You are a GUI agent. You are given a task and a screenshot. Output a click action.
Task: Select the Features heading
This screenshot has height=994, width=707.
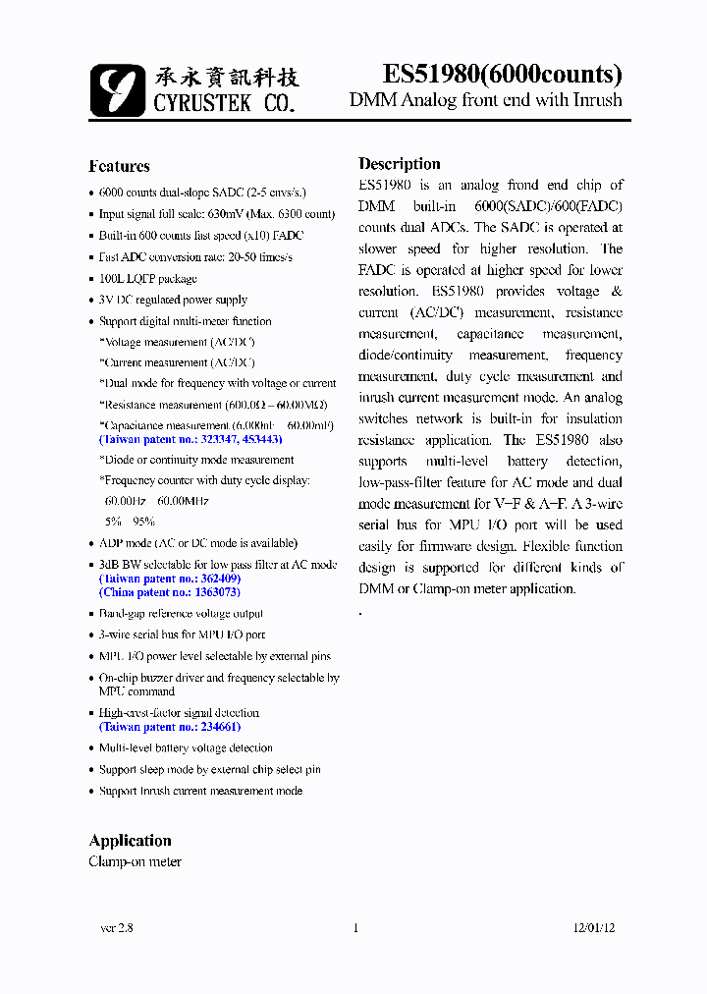click(119, 166)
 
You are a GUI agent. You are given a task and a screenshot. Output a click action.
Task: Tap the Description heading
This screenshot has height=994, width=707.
click(399, 164)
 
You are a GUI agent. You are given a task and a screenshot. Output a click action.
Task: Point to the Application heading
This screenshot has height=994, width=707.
click(130, 841)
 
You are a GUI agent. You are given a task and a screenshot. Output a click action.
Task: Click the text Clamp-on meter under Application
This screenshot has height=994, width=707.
click(135, 861)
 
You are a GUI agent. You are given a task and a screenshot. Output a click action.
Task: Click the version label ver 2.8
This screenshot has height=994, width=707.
click(117, 927)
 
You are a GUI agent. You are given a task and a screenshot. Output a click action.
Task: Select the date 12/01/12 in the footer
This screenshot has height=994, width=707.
click(594, 927)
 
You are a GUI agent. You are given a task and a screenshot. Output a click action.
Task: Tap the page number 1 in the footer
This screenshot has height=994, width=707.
click(354, 927)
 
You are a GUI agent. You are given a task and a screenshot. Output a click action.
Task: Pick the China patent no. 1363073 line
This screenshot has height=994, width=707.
click(170, 592)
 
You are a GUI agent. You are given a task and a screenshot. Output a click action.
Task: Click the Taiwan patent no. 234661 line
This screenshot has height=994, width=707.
click(170, 727)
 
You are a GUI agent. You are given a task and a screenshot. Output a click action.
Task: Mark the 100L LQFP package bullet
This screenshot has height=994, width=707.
click(147, 279)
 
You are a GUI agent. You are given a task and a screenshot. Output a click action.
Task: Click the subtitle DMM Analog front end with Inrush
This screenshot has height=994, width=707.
click(485, 100)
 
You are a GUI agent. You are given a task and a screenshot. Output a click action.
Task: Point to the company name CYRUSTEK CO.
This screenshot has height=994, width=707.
click(224, 102)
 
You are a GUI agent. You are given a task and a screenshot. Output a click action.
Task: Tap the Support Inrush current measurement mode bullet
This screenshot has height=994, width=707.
click(200, 791)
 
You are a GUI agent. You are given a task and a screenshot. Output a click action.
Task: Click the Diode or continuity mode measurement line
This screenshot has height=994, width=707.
click(196, 460)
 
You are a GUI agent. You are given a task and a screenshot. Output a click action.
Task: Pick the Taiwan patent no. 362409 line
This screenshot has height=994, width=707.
click(170, 579)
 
